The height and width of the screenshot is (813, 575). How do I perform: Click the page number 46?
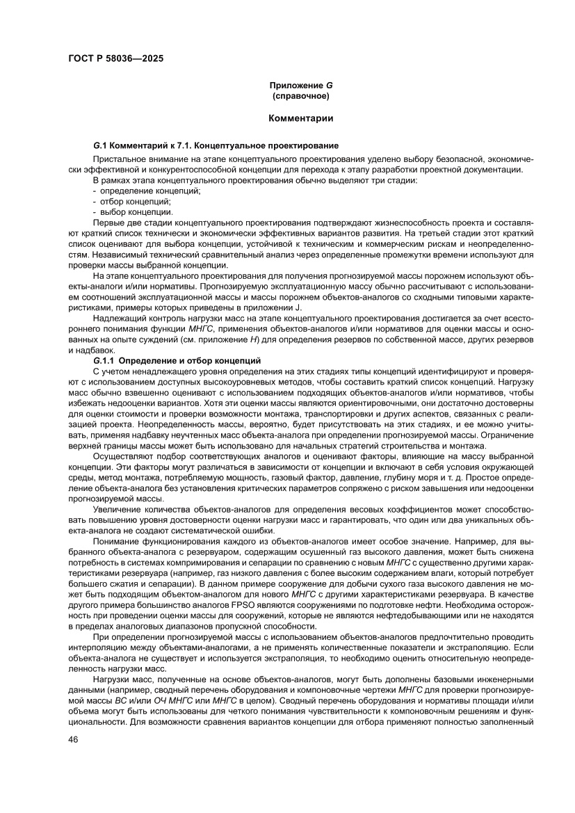pos(72,759)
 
